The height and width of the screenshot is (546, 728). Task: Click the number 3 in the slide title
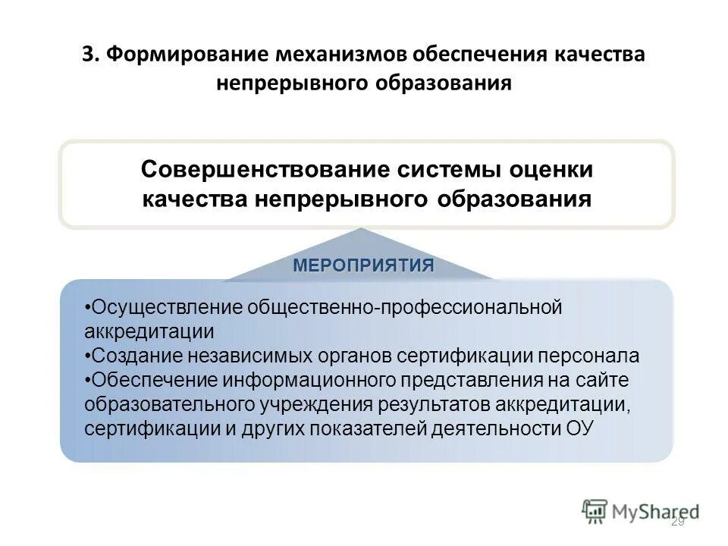[x=88, y=57]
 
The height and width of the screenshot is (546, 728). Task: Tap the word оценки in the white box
[x=551, y=169]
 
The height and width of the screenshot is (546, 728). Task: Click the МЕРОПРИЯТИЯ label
[x=363, y=265]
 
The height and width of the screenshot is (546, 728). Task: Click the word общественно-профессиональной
[x=405, y=307]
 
